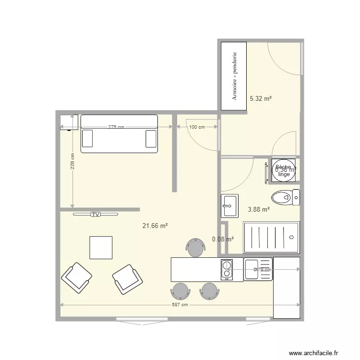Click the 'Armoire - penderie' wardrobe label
click(x=235, y=76)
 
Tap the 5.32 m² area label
click(x=261, y=98)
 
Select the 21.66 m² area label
click(x=155, y=225)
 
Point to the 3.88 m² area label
click(x=258, y=209)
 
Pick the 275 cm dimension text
click(x=116, y=127)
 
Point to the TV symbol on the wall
click(x=95, y=215)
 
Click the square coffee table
click(x=101, y=248)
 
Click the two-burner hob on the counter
click(x=226, y=269)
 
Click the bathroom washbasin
click(x=229, y=205)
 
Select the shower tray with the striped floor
click(x=271, y=237)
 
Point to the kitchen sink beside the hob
click(x=258, y=269)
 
